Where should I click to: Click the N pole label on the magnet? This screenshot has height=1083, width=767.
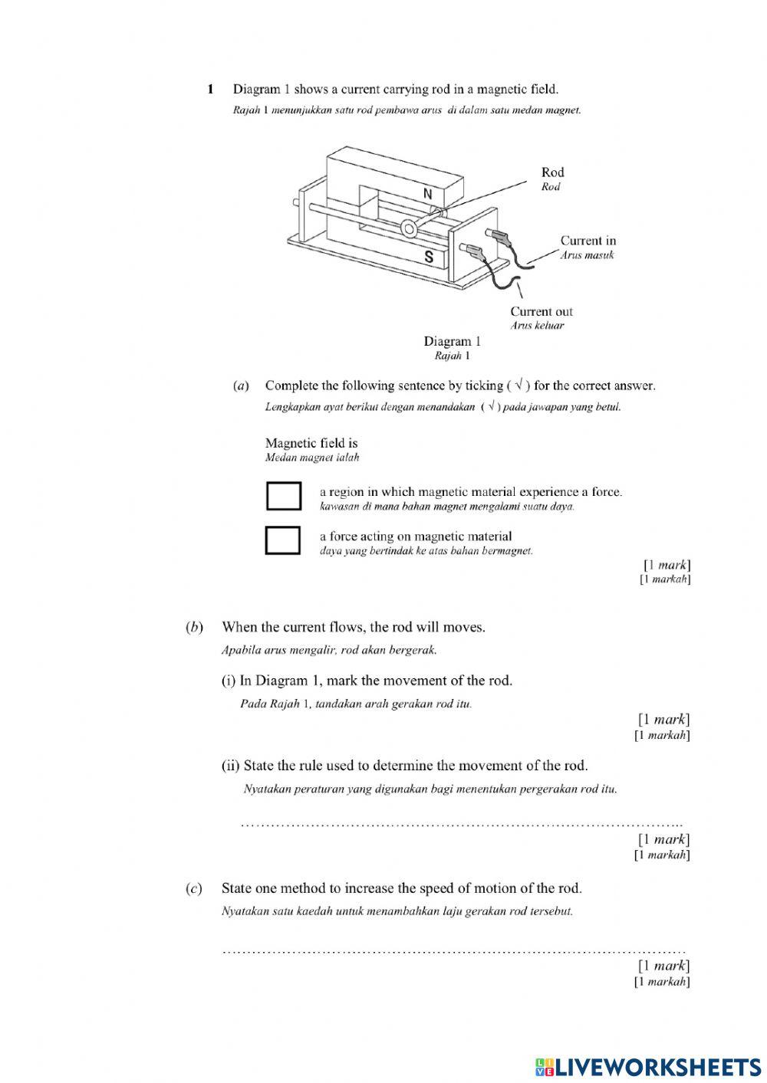pyautogui.click(x=428, y=194)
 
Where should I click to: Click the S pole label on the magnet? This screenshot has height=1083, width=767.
pyautogui.click(x=429, y=258)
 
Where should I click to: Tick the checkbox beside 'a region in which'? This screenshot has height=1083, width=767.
pyautogui.click(x=283, y=496)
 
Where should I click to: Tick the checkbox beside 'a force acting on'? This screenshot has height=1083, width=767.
pyautogui.click(x=282, y=540)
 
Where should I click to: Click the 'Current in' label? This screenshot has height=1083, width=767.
pyautogui.click(x=588, y=241)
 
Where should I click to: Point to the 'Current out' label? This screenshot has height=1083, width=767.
pyautogui.click(x=542, y=311)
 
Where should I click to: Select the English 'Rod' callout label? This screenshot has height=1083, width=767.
pyautogui.click(x=552, y=172)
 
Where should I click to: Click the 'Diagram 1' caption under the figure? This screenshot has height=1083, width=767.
pyautogui.click(x=452, y=341)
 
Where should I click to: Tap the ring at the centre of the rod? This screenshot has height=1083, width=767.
pyautogui.click(x=408, y=228)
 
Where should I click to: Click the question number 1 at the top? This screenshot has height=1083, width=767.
pyautogui.click(x=211, y=90)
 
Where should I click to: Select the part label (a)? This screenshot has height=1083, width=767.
pyautogui.click(x=240, y=386)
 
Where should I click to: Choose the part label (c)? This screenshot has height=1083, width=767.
pyautogui.click(x=195, y=888)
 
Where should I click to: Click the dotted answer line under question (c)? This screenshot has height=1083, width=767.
pyautogui.click(x=453, y=951)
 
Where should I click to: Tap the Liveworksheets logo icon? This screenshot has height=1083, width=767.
pyautogui.click(x=544, y=1067)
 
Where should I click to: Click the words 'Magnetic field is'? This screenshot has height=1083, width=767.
pyautogui.click(x=311, y=443)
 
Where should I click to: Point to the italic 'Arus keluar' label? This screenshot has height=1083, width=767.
pyautogui.click(x=537, y=326)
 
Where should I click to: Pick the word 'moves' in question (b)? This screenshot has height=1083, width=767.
pyautogui.click(x=467, y=627)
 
